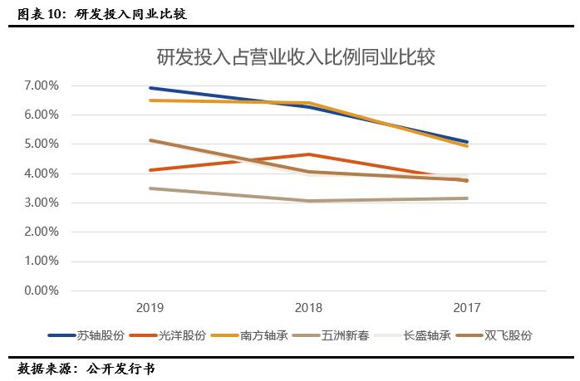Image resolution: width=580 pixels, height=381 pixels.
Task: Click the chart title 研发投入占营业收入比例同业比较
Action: [x=297, y=57]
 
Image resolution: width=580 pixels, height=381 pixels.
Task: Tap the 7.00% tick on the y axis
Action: [x=42, y=85]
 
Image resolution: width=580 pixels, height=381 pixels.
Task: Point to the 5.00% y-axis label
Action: [x=42, y=144]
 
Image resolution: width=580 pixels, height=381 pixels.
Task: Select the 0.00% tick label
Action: [x=42, y=291]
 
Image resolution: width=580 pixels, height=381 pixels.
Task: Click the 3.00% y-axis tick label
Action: [x=42, y=203]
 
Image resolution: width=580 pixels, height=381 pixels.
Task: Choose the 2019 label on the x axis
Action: [x=150, y=307]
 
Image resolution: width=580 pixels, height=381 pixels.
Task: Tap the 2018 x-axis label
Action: [x=308, y=307]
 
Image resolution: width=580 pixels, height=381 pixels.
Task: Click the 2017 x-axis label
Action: [x=467, y=307]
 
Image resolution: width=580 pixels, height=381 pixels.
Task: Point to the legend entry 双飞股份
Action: [x=497, y=335]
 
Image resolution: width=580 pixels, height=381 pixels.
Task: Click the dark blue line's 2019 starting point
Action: [x=150, y=88]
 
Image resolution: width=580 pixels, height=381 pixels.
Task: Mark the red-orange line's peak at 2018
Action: [x=308, y=154]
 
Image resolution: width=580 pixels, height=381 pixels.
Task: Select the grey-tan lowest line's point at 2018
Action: [x=308, y=201]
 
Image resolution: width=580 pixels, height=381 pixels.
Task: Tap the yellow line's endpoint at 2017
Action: [x=467, y=146]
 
